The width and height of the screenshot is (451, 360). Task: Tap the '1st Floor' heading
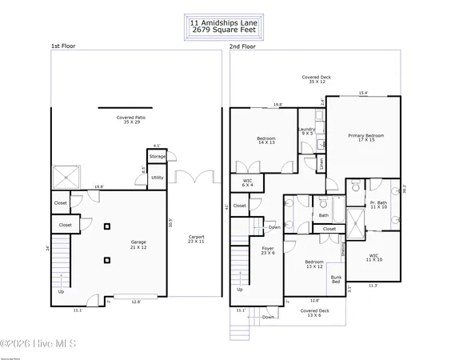tap(63, 47)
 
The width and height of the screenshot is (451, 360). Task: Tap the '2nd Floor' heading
tap(242, 47)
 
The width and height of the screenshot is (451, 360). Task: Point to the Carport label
tap(196, 240)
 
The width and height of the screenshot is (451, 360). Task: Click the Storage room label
tap(158, 157)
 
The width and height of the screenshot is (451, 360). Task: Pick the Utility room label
tap(158, 178)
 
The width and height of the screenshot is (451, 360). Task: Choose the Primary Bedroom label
tap(365, 138)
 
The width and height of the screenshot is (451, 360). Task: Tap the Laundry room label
tap(306, 131)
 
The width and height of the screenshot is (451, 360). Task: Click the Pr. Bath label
tap(378, 205)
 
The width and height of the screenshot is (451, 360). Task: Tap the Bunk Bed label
tap(336, 280)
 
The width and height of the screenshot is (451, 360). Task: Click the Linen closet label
tap(321, 164)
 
